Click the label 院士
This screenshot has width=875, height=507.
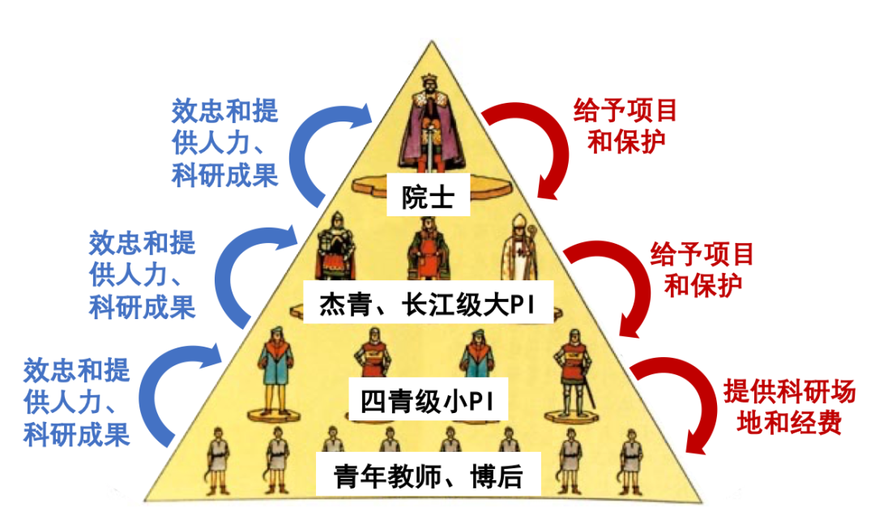pyautogui.click(x=428, y=197)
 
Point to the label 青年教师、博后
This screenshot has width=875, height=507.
pyautogui.click(x=428, y=476)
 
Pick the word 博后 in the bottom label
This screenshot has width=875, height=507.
pyautogui.click(x=495, y=476)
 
